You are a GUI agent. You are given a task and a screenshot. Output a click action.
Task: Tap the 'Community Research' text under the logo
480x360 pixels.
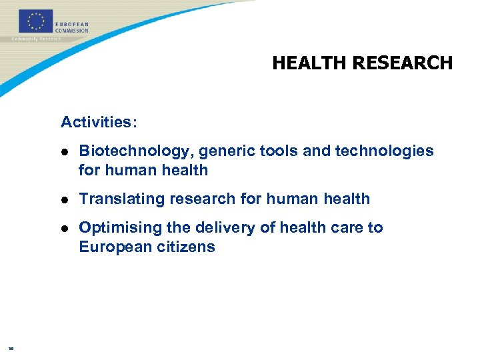[x=37, y=39]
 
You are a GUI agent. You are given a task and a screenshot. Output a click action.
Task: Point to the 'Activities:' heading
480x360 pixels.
[x=99, y=122]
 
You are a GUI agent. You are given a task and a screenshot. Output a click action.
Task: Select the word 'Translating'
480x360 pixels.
[x=115, y=199]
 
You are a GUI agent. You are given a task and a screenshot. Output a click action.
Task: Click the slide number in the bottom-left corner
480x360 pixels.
[x=11, y=348]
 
